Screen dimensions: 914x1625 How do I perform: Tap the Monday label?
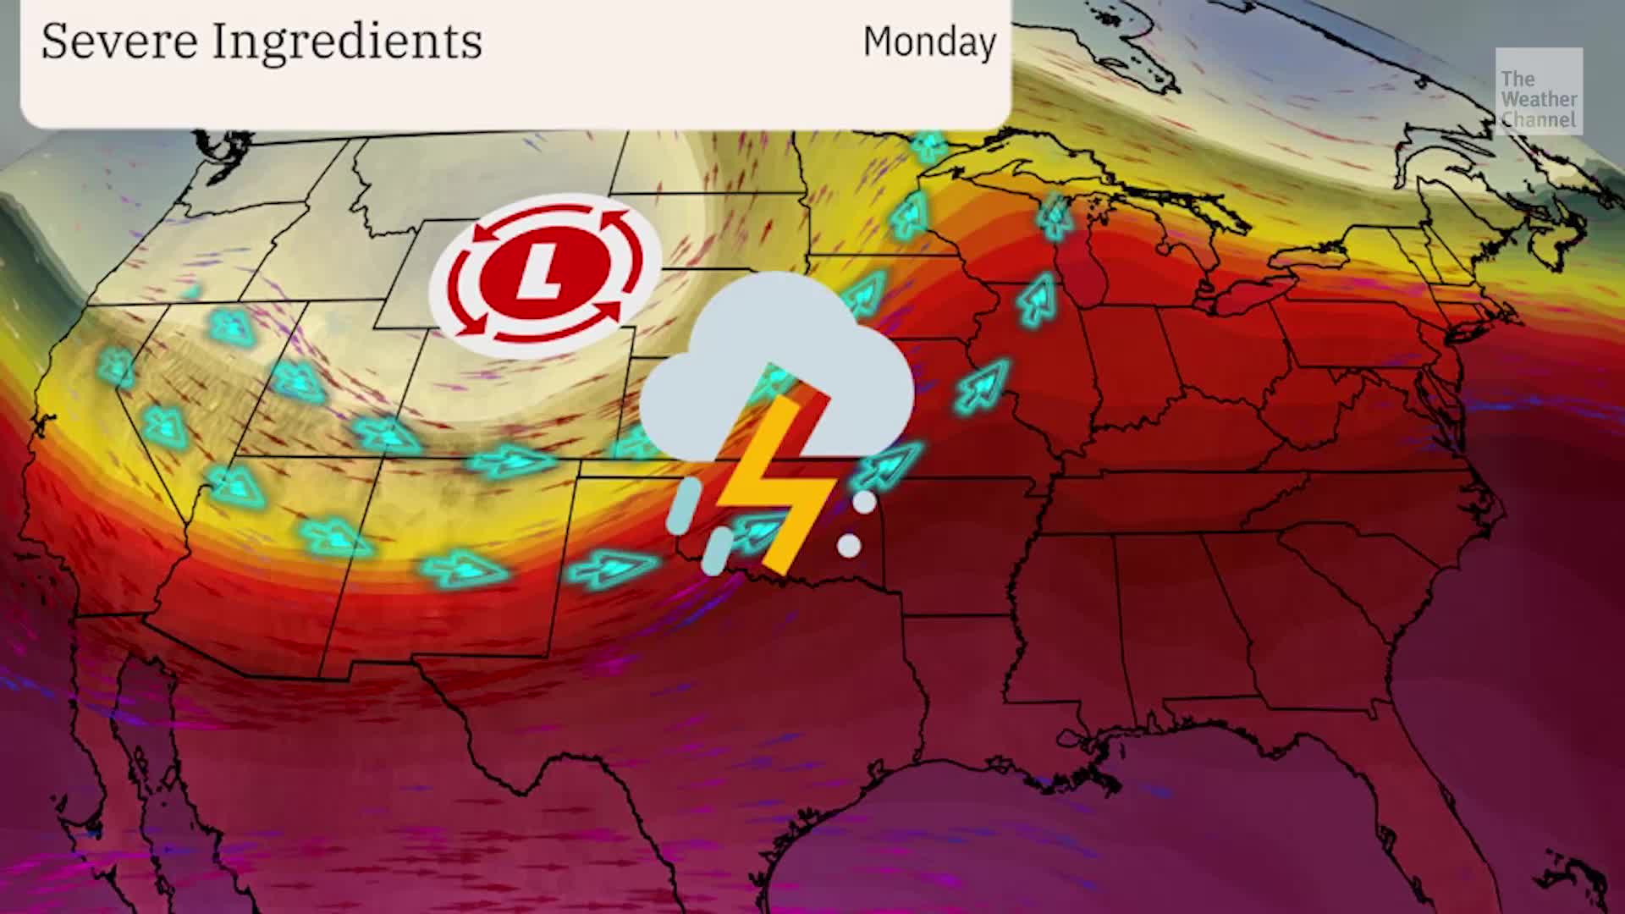tap(929, 41)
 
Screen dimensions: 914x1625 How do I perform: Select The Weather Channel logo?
tap(1538, 91)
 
